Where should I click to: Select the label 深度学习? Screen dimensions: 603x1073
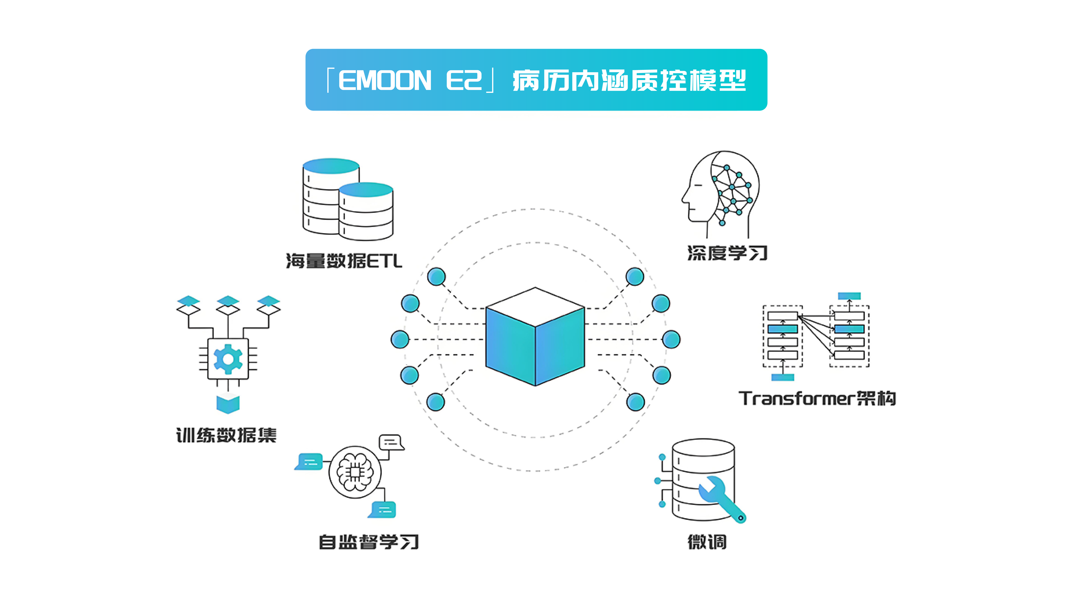(727, 253)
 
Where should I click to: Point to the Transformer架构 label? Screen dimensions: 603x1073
(817, 398)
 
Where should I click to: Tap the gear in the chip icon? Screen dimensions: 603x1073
(228, 359)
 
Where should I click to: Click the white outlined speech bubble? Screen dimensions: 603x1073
(391, 442)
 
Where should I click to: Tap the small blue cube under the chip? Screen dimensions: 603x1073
(228, 404)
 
